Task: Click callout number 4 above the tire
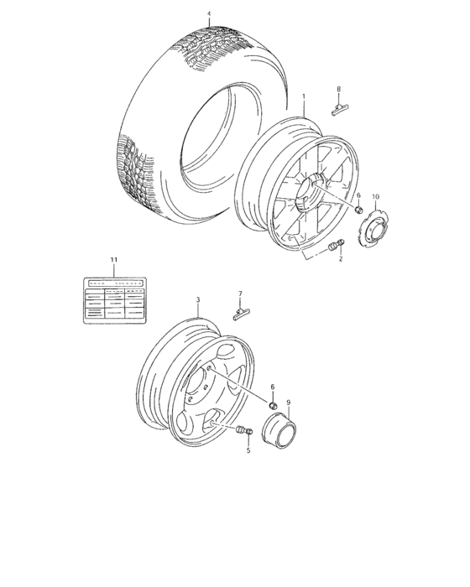click(209, 14)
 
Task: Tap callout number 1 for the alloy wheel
click(303, 96)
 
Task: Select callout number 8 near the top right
click(338, 89)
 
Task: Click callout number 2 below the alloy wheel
click(341, 260)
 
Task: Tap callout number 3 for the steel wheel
click(198, 299)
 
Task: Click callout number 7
click(239, 294)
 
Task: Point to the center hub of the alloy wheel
click(317, 193)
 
